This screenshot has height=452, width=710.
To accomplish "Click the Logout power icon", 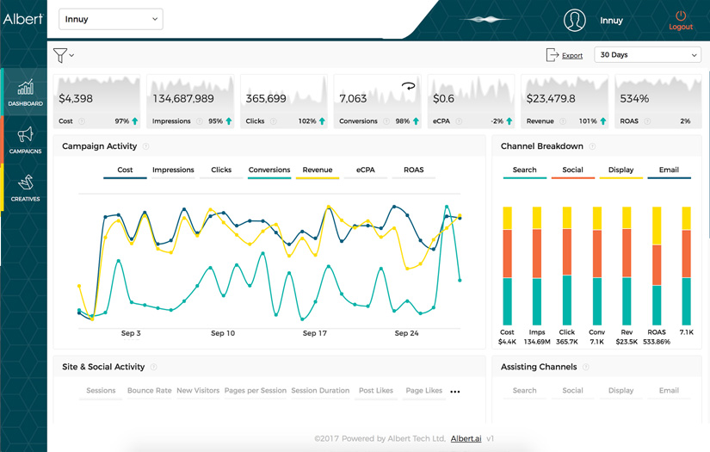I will click(681, 15).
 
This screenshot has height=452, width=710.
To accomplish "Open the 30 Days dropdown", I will click(648, 55).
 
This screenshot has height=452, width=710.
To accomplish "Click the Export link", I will click(572, 55).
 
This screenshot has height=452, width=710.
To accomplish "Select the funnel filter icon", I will click(60, 55).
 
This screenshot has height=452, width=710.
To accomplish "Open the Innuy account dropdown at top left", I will click(110, 19).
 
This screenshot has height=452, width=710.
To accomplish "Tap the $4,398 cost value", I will click(77, 98).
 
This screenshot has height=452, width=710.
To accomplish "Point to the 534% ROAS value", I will click(634, 98).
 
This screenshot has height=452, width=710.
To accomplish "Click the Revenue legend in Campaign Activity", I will click(317, 170).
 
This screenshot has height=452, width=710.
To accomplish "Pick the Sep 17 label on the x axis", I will click(315, 333).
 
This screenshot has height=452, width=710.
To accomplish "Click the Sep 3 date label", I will click(131, 333).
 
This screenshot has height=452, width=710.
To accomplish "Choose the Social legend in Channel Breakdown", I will click(572, 170).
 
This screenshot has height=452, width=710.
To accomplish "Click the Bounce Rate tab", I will click(149, 391).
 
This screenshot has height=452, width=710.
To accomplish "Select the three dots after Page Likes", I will click(455, 392).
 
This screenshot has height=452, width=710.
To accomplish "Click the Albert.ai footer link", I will click(466, 439).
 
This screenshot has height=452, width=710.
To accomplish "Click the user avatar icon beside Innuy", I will click(574, 20).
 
